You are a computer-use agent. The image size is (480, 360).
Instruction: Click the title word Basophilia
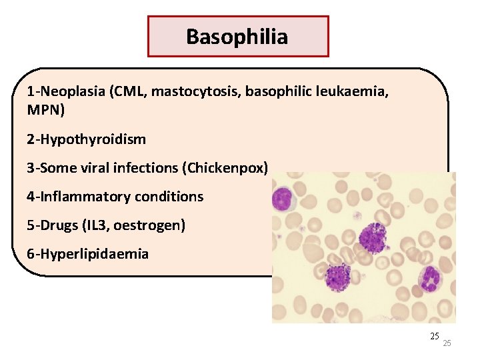237,36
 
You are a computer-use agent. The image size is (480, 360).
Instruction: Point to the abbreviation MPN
43,109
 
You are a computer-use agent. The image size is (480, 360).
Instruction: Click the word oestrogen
147,225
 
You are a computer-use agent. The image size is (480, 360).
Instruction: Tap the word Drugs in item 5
57,225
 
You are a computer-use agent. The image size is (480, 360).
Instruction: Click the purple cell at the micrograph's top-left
283,198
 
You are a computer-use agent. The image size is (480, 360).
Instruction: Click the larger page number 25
435,335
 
